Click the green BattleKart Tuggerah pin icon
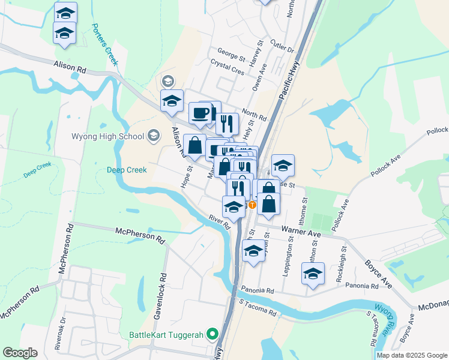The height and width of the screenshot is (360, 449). pyautogui.click(x=211, y=334)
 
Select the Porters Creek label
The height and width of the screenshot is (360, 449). pyautogui.click(x=105, y=44)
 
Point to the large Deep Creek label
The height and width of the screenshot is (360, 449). pyautogui.click(x=127, y=170)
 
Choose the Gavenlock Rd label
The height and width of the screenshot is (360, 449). pyautogui.click(x=162, y=293)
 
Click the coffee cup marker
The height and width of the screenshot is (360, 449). pyautogui.click(x=200, y=112)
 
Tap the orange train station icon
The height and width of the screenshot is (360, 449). pyautogui.click(x=253, y=205)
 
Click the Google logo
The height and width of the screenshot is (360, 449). pyautogui.click(x=20, y=353)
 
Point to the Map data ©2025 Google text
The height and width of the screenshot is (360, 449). pyautogui.click(x=411, y=355)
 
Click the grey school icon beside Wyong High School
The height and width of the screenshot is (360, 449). pyautogui.click(x=154, y=136)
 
